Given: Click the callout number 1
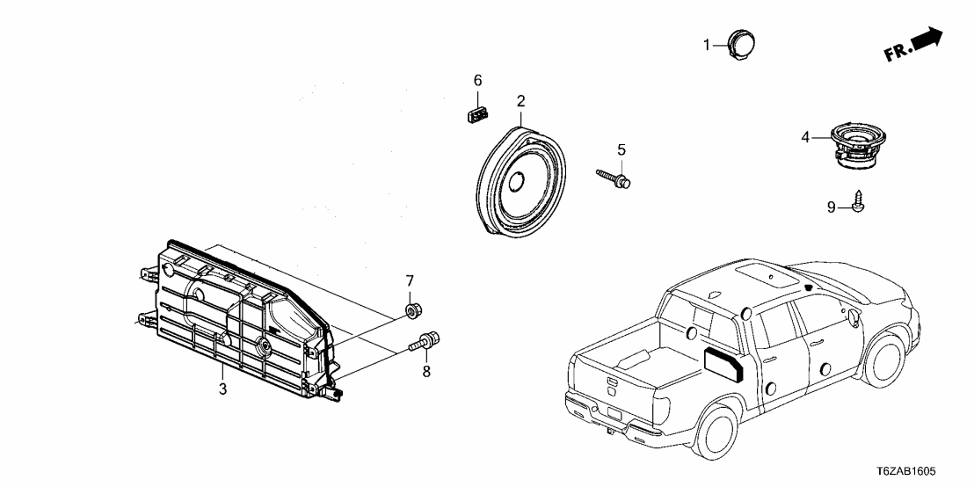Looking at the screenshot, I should (x=705, y=44).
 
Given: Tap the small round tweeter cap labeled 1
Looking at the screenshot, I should (x=743, y=43).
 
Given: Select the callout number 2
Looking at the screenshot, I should (x=520, y=101).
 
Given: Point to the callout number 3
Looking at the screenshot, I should (x=222, y=389).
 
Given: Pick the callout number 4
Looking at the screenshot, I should (x=805, y=138).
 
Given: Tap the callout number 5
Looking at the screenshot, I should (x=621, y=149).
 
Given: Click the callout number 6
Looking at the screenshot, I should (x=478, y=80).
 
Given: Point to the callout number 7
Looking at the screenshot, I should (x=409, y=280).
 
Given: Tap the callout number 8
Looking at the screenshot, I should (x=426, y=372).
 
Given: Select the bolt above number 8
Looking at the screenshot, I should (x=427, y=341).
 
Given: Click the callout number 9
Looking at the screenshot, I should (x=830, y=207).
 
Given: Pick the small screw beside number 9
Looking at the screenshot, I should (x=858, y=202).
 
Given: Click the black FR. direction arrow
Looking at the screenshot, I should (x=927, y=40).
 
